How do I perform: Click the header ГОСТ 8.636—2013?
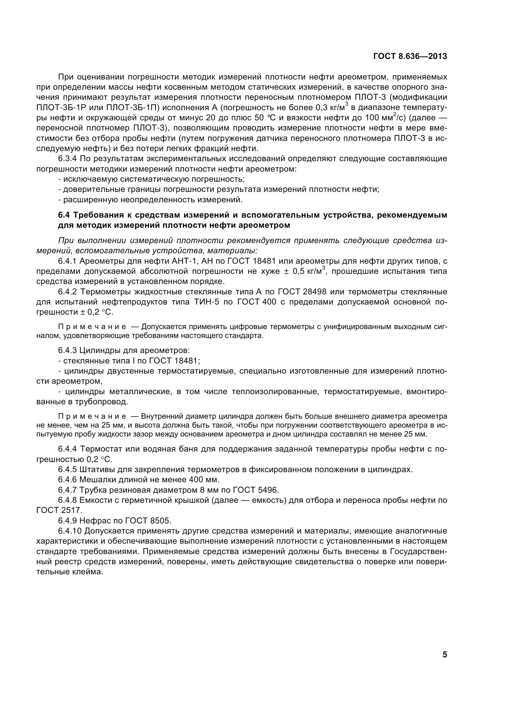[x=410, y=56]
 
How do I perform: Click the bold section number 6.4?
[x=65, y=215]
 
